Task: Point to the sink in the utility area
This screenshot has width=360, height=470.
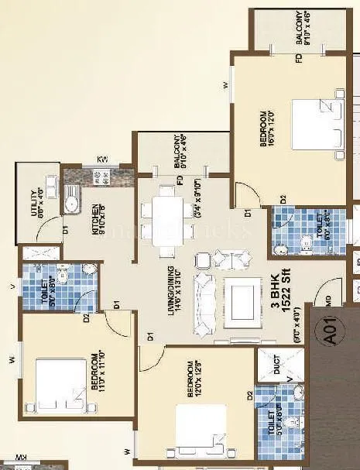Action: (70, 204)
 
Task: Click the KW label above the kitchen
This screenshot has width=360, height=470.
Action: (101, 160)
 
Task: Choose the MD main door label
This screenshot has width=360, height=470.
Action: (329, 297)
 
